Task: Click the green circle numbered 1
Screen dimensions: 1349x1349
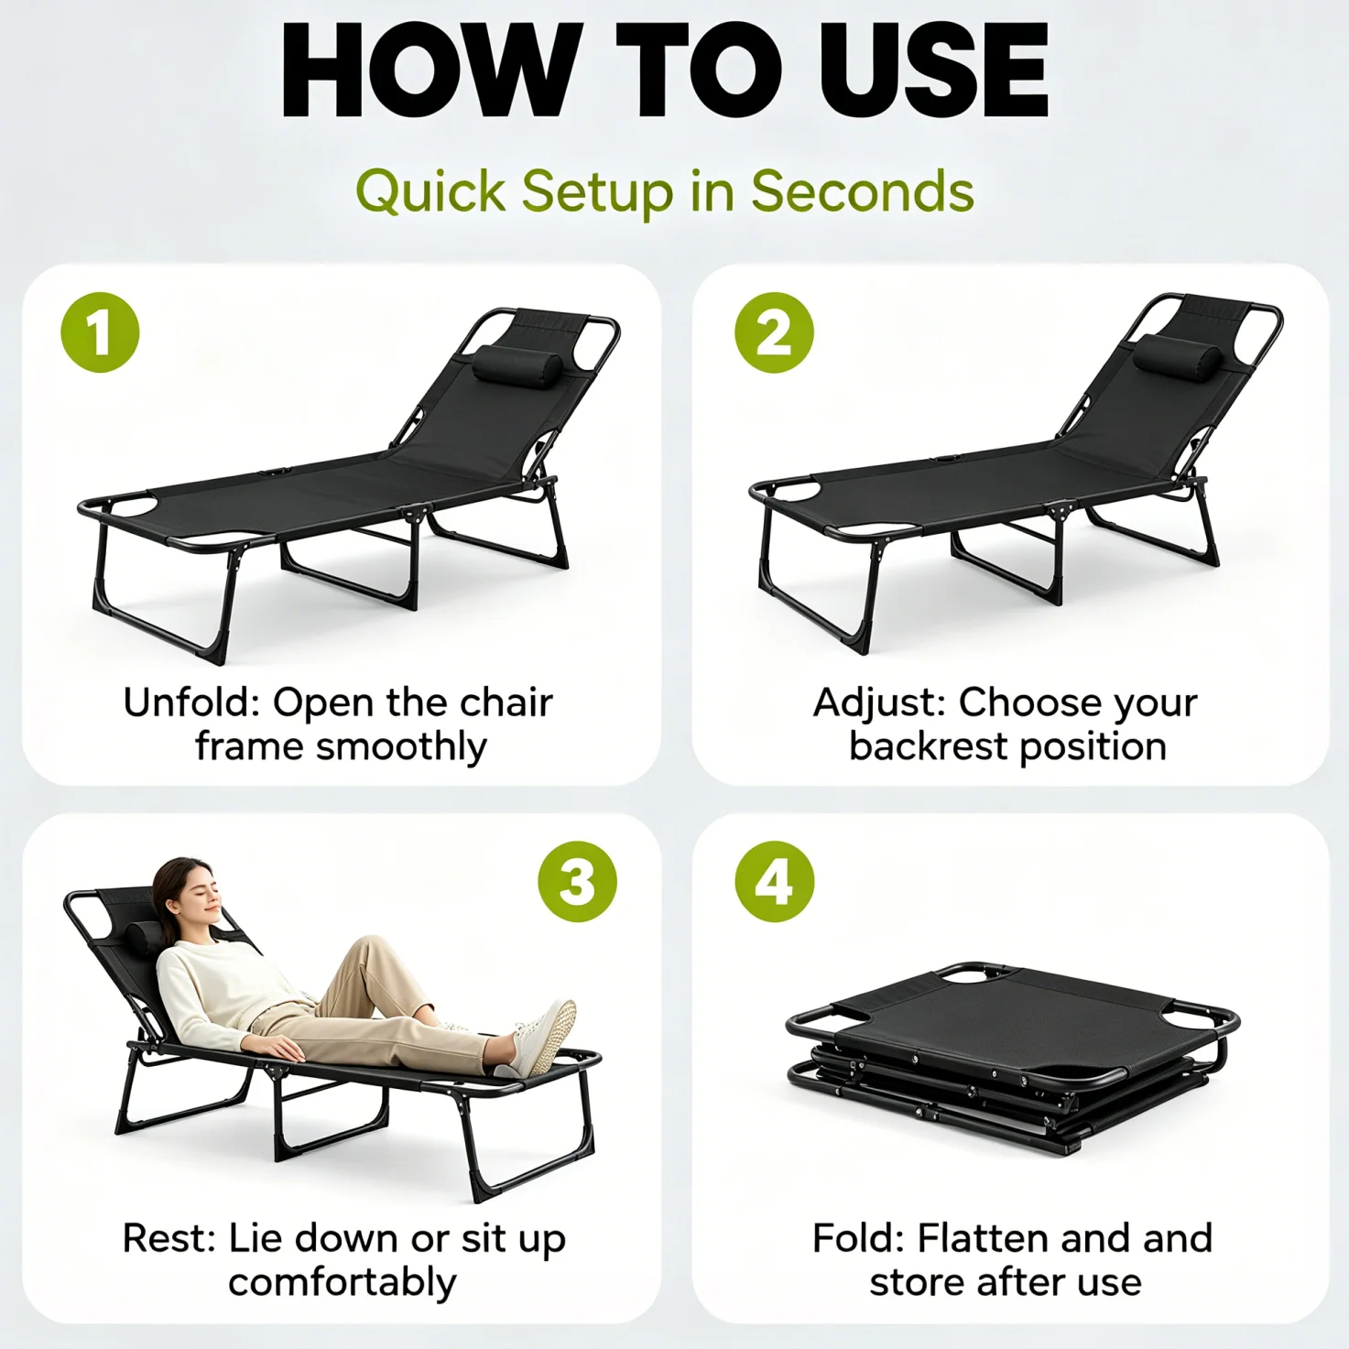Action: [x=100, y=332]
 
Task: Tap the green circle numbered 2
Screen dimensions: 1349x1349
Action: [x=774, y=332]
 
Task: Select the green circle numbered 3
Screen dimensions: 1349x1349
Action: [x=578, y=881]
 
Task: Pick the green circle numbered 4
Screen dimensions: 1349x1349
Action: [x=774, y=881]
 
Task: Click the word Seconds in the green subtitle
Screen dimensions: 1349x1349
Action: [x=863, y=191]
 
